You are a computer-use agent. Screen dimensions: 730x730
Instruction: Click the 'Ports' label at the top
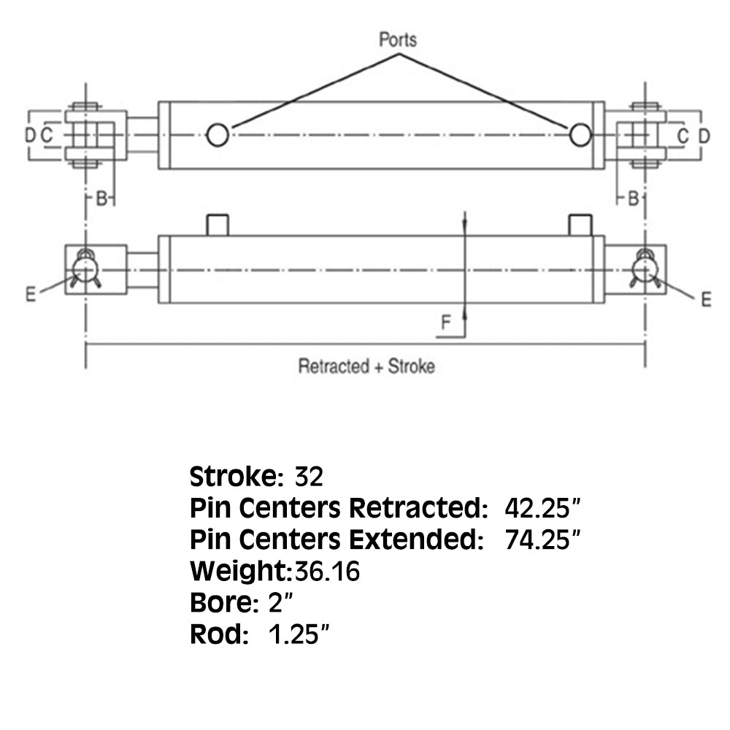pos(398,40)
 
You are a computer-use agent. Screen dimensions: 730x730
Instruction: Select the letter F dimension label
pos(445,322)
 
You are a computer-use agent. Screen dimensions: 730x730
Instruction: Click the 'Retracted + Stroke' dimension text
pos(366,366)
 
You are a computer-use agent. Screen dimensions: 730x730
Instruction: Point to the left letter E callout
pos(31,294)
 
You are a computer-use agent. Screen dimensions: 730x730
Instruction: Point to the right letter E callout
pos(706,299)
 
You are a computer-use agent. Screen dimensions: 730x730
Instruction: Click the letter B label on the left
pos(101,199)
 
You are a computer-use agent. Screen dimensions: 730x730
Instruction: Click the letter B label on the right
pos(633,199)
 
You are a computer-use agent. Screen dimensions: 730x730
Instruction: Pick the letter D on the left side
pos(30,136)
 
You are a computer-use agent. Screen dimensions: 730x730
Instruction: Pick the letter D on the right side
pos(704,137)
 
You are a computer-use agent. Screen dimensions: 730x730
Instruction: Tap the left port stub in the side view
pos(218,226)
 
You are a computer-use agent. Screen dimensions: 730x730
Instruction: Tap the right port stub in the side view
pos(580,226)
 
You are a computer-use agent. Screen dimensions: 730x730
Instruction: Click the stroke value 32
pos(309,477)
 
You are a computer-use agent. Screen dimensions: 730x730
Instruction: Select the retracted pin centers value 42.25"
pos(542,508)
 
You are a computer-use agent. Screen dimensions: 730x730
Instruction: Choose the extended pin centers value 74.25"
pos(542,539)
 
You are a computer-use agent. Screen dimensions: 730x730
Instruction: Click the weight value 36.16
pos(327,572)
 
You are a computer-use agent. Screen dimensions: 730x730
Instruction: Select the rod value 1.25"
pos(299,634)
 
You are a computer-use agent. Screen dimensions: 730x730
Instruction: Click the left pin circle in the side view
pos(85,269)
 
